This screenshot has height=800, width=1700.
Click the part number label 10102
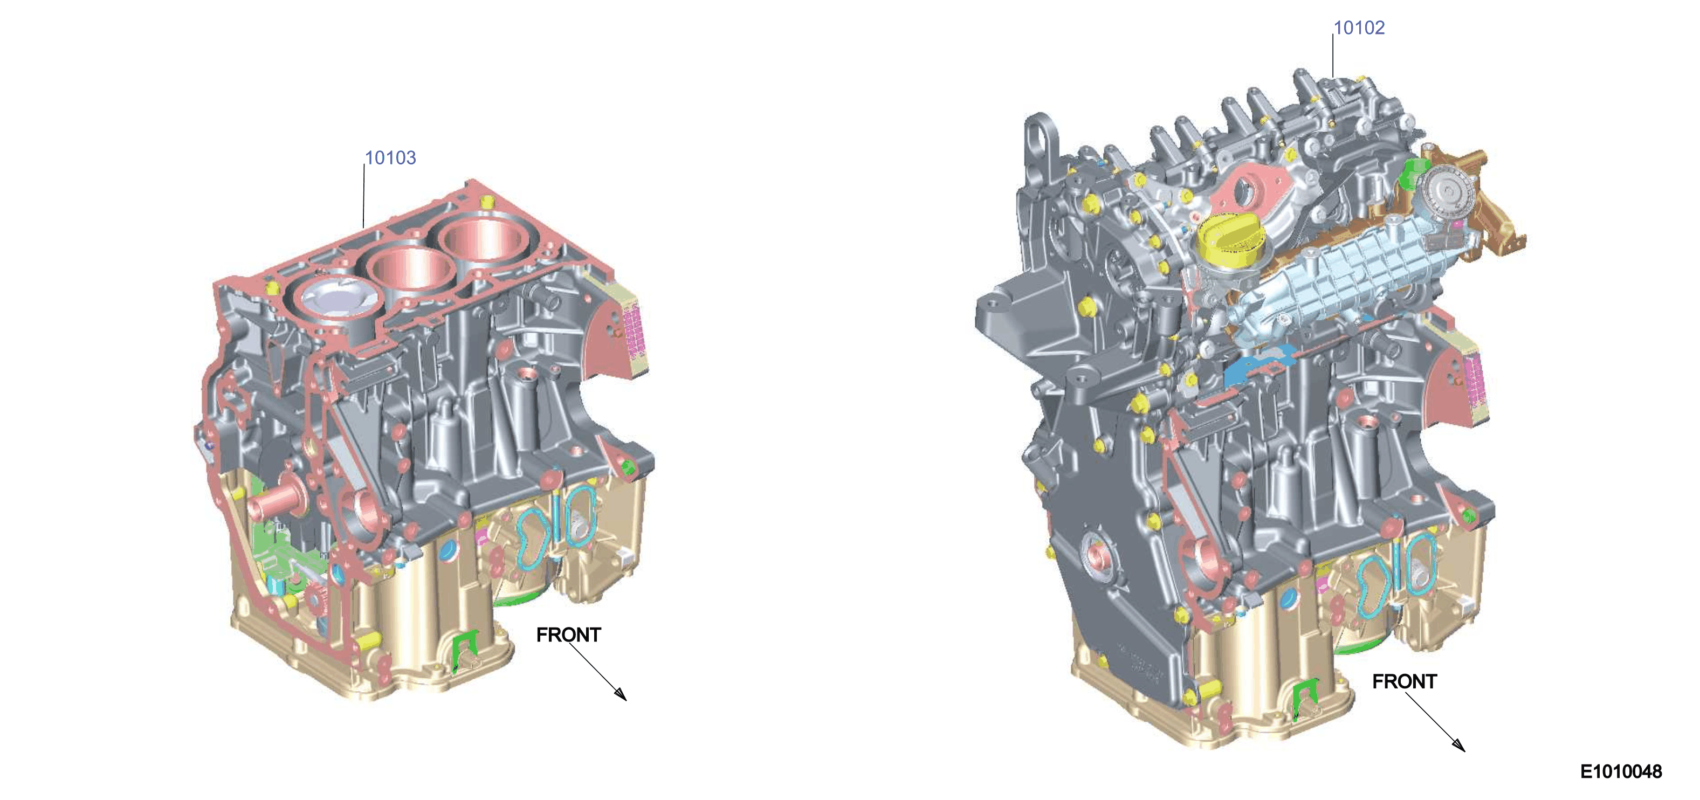[x=1359, y=27]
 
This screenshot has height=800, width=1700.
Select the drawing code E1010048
[x=1621, y=771]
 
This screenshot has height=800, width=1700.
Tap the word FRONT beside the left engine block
[x=568, y=635]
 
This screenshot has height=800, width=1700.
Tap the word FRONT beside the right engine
[x=1405, y=681]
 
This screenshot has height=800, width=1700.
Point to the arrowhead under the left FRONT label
[x=621, y=693]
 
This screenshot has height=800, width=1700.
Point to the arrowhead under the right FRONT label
[x=1459, y=744]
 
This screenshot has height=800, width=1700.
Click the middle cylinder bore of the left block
[x=410, y=268]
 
